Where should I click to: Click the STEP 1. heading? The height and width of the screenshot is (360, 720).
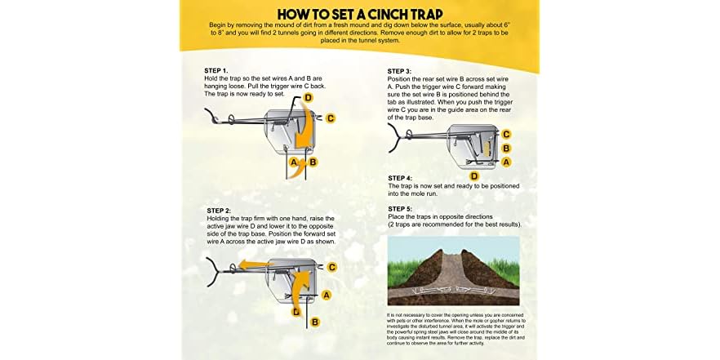click(218, 71)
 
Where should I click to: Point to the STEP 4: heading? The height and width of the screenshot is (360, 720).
click(401, 178)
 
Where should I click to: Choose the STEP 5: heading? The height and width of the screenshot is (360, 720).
click(401, 208)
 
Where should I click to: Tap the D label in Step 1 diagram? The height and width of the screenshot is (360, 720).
click(308, 98)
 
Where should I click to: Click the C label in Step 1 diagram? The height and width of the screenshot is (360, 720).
click(331, 118)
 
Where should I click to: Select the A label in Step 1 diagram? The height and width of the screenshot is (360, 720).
click(293, 162)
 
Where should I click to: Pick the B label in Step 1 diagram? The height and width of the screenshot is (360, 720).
click(313, 162)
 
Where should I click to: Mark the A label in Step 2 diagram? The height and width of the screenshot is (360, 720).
click(327, 294)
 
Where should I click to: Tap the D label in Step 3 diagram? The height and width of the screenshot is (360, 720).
click(473, 176)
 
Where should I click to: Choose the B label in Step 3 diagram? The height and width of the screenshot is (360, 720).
click(506, 149)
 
